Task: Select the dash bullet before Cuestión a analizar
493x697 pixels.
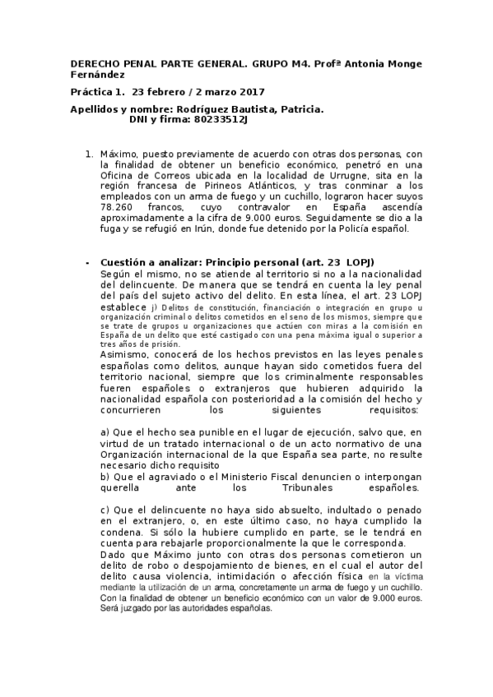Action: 87,261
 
